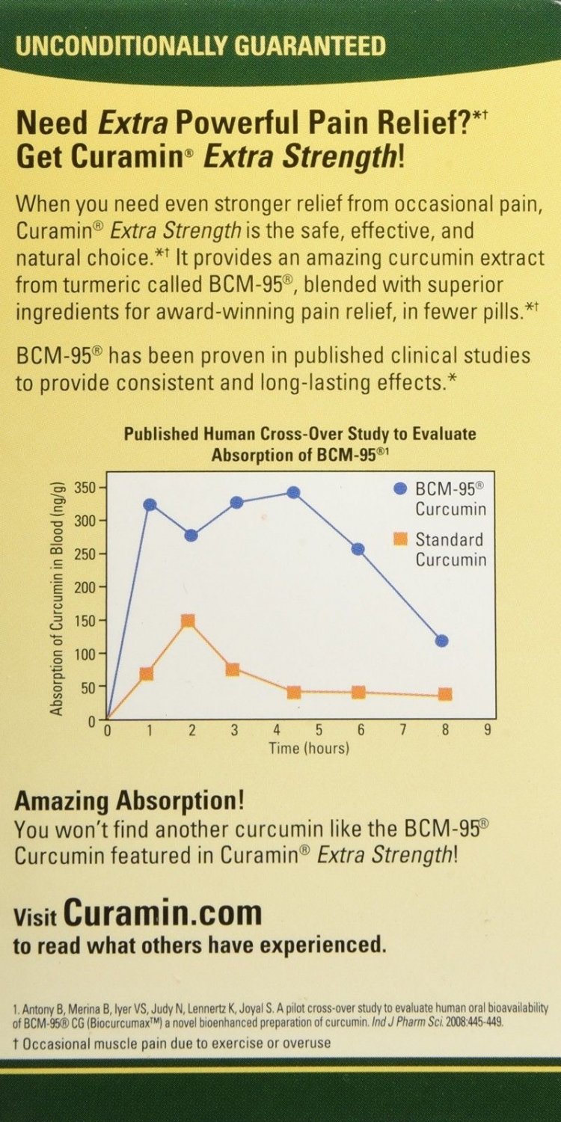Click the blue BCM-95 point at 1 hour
point(150,504)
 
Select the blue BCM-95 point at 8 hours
point(441,640)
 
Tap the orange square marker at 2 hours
point(188,621)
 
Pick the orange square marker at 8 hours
point(445,694)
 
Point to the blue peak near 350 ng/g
point(293,492)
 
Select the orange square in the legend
point(400,539)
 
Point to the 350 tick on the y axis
point(88,488)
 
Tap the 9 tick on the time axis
point(487,731)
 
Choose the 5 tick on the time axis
point(319,731)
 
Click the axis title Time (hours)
point(309,747)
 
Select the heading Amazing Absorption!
point(129,802)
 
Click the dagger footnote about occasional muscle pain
point(172,1042)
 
